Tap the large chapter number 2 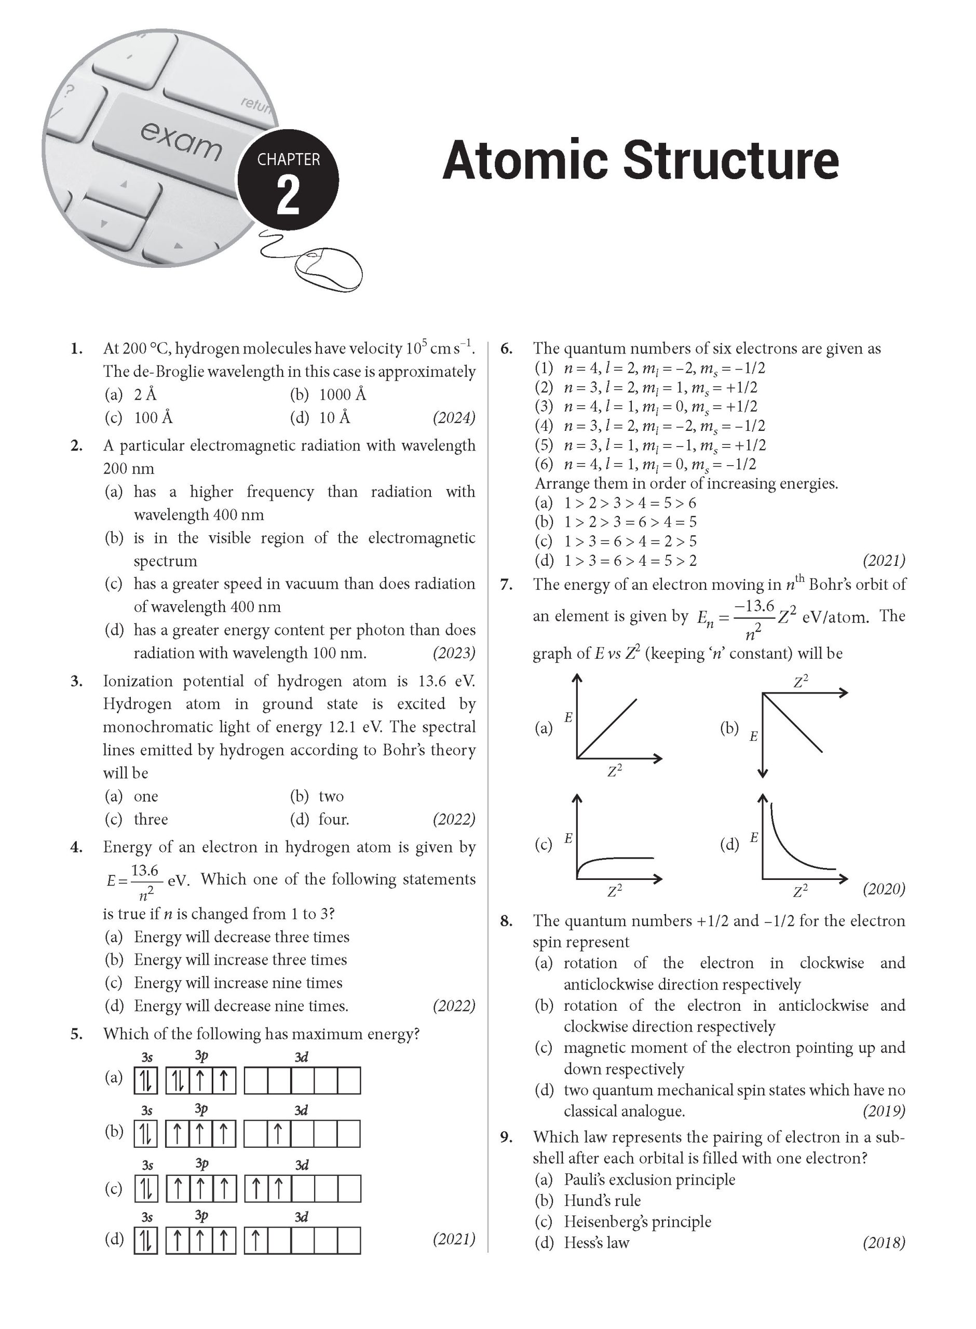point(288,197)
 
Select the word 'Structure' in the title point(730,160)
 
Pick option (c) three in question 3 point(150,819)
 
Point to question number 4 point(76,847)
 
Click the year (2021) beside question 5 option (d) point(454,1239)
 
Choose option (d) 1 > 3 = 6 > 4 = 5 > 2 point(630,561)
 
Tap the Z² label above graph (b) point(801,682)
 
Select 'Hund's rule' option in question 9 point(602,1200)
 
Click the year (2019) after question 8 point(883,1111)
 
